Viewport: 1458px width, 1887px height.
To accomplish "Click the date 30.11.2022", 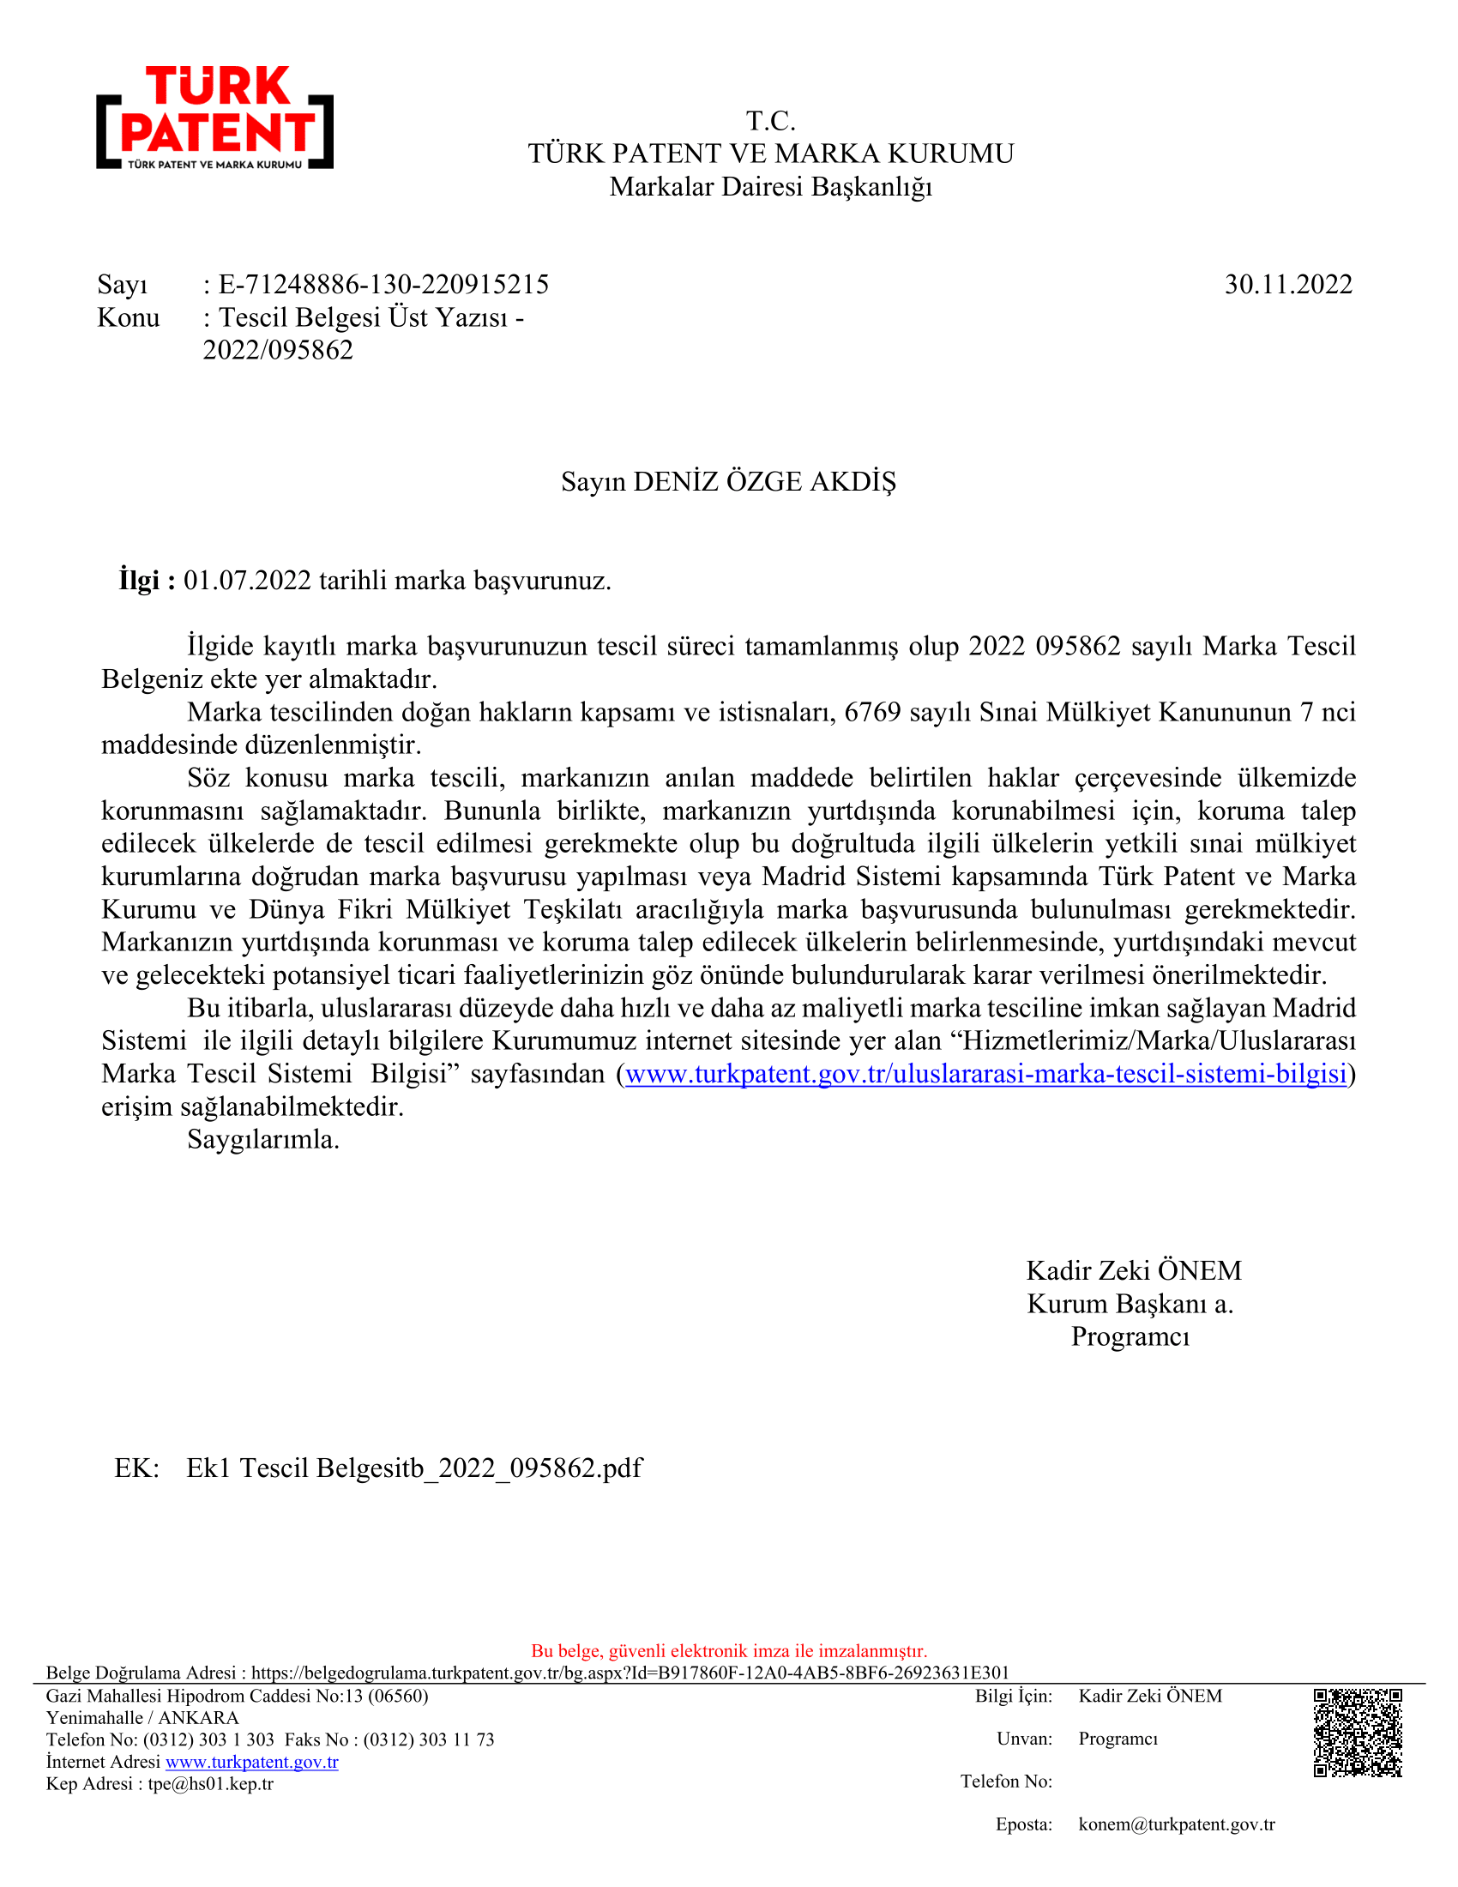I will tap(1288, 284).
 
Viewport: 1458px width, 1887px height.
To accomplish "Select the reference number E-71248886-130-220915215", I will tap(383, 284).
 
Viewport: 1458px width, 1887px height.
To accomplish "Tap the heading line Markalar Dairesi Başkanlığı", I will tap(770, 187).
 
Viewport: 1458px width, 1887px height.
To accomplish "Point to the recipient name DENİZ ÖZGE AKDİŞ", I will tap(764, 481).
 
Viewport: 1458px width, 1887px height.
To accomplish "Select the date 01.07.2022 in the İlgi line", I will tap(247, 580).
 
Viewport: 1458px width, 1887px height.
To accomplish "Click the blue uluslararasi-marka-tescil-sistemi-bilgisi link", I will tap(985, 1073).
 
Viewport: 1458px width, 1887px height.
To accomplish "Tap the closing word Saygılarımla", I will tap(263, 1140).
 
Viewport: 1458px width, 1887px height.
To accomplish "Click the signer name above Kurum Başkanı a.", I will tap(1133, 1270).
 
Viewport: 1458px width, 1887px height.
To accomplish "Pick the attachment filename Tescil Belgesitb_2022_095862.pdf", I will tap(414, 1468).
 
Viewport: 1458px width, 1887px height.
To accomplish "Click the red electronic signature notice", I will tap(729, 1651).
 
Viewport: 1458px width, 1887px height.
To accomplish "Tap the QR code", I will tap(1357, 1733).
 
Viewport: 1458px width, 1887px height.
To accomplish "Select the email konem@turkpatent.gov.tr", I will tap(1177, 1824).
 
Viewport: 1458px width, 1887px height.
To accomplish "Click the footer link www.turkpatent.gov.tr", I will tap(251, 1762).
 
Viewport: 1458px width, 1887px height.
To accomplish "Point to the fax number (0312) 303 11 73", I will tap(429, 1739).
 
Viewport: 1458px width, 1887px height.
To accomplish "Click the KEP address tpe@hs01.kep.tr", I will tap(211, 1783).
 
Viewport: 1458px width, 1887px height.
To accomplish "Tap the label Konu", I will tap(129, 318).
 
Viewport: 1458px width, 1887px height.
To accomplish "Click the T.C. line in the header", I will tap(770, 121).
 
